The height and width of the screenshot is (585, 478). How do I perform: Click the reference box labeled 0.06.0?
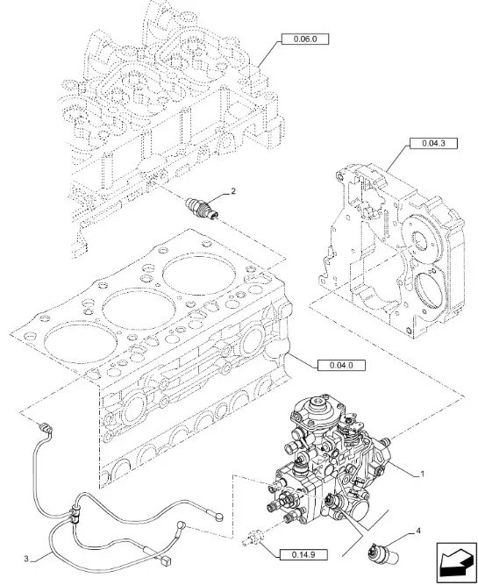305,39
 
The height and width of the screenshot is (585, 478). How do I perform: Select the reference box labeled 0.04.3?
433,143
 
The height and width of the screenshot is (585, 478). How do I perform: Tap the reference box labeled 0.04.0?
341,365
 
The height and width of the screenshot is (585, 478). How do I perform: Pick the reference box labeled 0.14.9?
303,555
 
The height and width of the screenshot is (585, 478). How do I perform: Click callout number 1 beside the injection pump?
422,474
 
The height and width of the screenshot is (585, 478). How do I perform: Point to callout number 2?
233,191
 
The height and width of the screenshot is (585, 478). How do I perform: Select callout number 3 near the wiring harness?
26,559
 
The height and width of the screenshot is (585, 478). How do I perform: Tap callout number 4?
418,531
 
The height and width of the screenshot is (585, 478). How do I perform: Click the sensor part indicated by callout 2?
202,209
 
